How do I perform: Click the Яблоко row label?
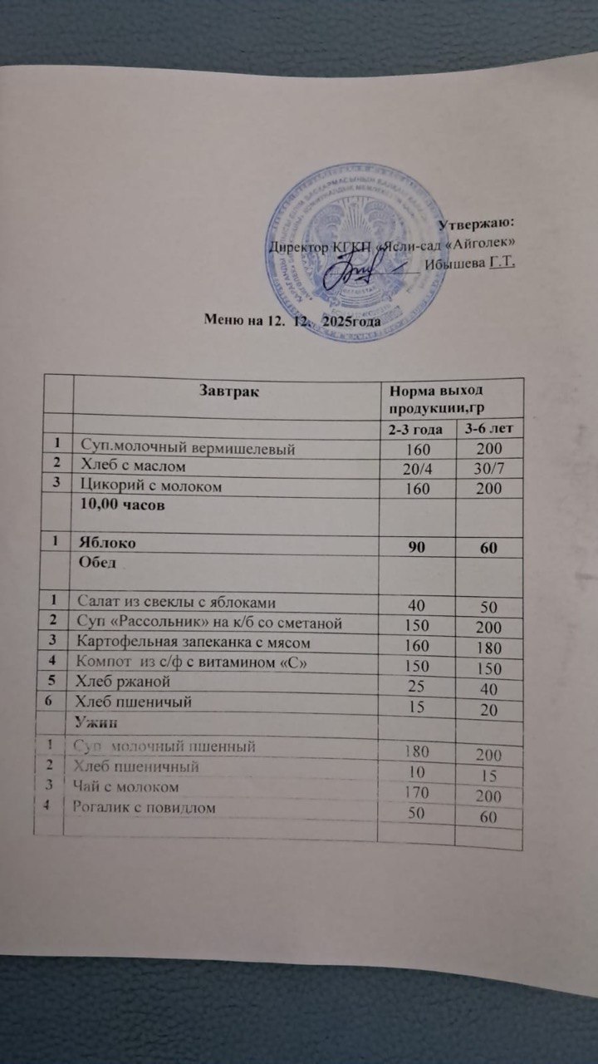click(x=108, y=542)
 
